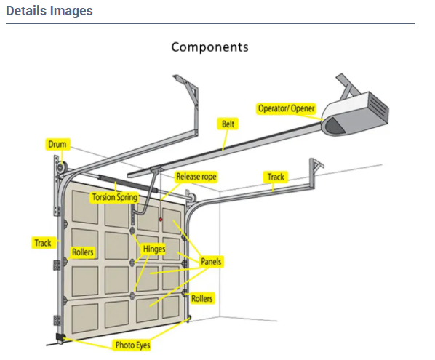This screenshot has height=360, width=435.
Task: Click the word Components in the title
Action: pos(209,47)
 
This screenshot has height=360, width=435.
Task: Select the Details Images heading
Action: pos(49,12)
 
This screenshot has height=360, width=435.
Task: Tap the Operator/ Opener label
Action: pos(287,109)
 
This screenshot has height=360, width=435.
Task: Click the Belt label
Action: pos(228,124)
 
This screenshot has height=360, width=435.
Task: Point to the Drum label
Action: pos(57,145)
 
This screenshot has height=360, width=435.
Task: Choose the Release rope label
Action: pos(196,177)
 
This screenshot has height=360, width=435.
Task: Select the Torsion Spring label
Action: pos(114,197)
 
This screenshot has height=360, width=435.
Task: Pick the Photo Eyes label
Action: pos(132,344)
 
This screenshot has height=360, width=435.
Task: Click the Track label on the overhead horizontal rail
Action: pos(276,177)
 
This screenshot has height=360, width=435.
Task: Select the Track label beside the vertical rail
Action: pos(43,243)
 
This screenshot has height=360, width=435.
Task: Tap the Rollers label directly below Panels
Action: pos(202,299)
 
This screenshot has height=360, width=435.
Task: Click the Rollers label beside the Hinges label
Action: pos(82,252)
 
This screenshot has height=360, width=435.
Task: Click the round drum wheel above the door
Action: pos(58,168)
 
